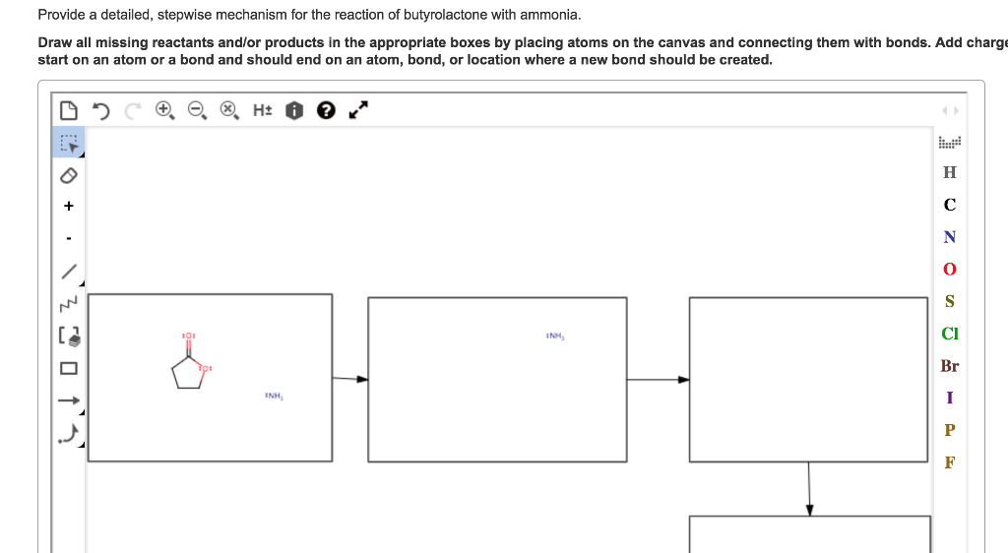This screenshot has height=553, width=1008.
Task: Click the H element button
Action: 949,172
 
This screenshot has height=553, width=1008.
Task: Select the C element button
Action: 949,205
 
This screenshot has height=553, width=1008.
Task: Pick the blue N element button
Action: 949,237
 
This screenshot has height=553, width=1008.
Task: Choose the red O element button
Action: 949,269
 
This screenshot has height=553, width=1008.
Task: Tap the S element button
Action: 949,301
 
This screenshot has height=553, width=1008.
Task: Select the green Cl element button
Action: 949,334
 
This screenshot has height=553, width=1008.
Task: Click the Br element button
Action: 949,366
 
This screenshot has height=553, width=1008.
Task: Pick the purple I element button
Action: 949,398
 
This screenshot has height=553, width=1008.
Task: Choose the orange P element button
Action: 949,430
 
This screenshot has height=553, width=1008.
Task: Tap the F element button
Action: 949,462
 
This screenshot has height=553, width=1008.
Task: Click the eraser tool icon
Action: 68,175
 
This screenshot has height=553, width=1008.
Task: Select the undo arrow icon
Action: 100,110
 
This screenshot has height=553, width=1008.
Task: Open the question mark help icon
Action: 325,110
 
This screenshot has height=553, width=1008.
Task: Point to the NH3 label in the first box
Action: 273,396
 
